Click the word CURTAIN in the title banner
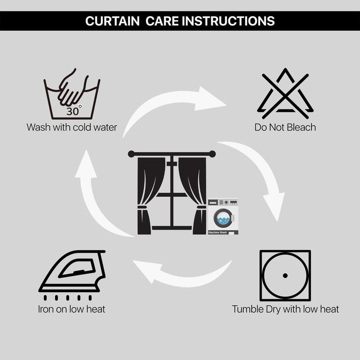(x=112, y=21)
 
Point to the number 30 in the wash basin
(x=73, y=111)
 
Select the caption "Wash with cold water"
(x=72, y=127)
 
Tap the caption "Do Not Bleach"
(x=285, y=127)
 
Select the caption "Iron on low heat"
(x=72, y=309)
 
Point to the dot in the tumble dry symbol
(x=285, y=276)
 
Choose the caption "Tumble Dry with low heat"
(x=286, y=309)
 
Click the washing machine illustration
(x=223, y=216)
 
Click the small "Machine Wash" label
(x=217, y=233)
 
